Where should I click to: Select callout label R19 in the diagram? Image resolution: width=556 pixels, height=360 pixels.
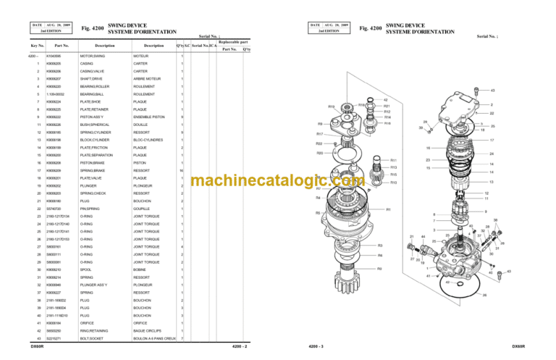(331, 106)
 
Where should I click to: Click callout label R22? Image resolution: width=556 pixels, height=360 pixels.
(319, 144)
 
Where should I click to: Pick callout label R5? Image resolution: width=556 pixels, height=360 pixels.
(318, 213)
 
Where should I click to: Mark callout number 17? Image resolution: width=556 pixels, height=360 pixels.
(492, 141)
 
